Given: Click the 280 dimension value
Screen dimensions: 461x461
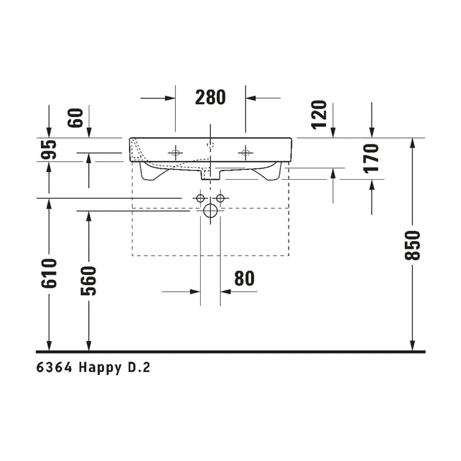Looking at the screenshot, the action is pyautogui.click(x=210, y=97).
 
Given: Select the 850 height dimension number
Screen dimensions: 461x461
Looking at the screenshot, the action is pyautogui.click(x=412, y=245).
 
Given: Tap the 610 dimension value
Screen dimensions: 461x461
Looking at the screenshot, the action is pyautogui.click(x=49, y=273).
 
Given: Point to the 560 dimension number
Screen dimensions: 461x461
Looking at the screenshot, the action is pyautogui.click(x=88, y=281).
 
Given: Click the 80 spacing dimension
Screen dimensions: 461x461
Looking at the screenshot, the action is pyautogui.click(x=244, y=279).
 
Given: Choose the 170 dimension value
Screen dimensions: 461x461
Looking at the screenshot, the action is pyautogui.click(x=371, y=158).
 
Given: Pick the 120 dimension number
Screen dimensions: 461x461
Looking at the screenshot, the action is pyautogui.click(x=319, y=115).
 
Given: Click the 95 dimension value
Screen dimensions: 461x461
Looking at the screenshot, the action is pyautogui.click(x=49, y=149).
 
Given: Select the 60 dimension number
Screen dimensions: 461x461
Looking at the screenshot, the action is pyautogui.click(x=75, y=118).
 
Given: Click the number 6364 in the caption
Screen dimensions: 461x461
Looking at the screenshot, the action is pyautogui.click(x=54, y=367).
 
